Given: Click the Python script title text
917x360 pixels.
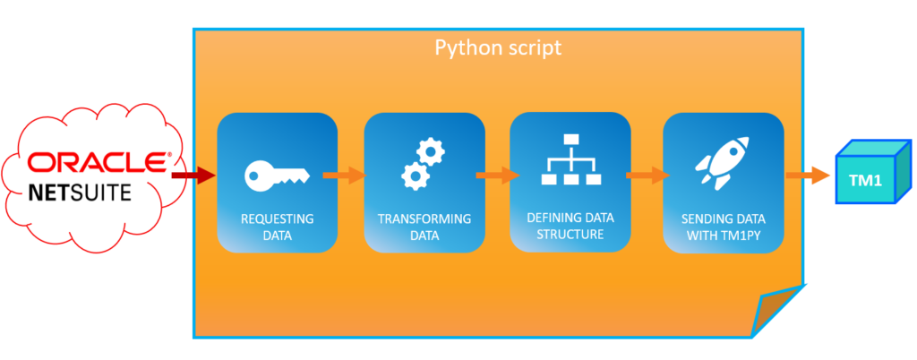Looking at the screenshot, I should (x=498, y=47).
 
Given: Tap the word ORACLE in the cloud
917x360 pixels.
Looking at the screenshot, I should (x=96, y=163).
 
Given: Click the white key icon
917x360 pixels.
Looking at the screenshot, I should (x=277, y=174).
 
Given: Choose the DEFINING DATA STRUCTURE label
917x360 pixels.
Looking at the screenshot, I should (x=570, y=227).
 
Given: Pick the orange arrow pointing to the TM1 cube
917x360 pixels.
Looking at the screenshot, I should (x=807, y=175).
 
